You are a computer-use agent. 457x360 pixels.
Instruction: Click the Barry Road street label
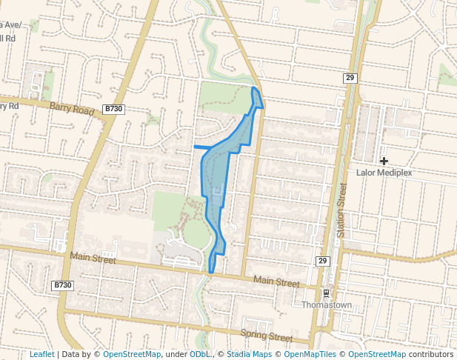pos(73,109)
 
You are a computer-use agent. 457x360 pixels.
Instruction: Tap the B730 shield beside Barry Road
pos(114,109)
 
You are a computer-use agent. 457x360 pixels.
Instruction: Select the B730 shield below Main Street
pos(63,285)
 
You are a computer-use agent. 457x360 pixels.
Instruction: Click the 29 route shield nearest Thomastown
pos(322,261)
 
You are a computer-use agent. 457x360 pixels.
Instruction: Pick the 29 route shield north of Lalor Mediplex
pos(350,78)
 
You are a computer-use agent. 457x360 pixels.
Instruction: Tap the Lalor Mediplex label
pos(384,173)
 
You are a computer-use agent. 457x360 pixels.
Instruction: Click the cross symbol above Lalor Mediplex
pos(384,161)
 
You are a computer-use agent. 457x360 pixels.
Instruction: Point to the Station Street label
pos(342,212)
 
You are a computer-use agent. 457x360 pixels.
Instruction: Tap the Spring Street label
pos(267,336)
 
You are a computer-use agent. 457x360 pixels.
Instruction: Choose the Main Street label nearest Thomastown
pos(276,282)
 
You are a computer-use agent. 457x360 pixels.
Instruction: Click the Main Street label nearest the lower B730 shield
pos(93,259)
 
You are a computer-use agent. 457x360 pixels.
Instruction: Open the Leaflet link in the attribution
pos(41,354)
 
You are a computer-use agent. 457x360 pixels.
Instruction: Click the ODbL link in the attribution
pos(201,354)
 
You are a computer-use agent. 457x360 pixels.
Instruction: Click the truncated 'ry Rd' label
pos(9,105)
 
